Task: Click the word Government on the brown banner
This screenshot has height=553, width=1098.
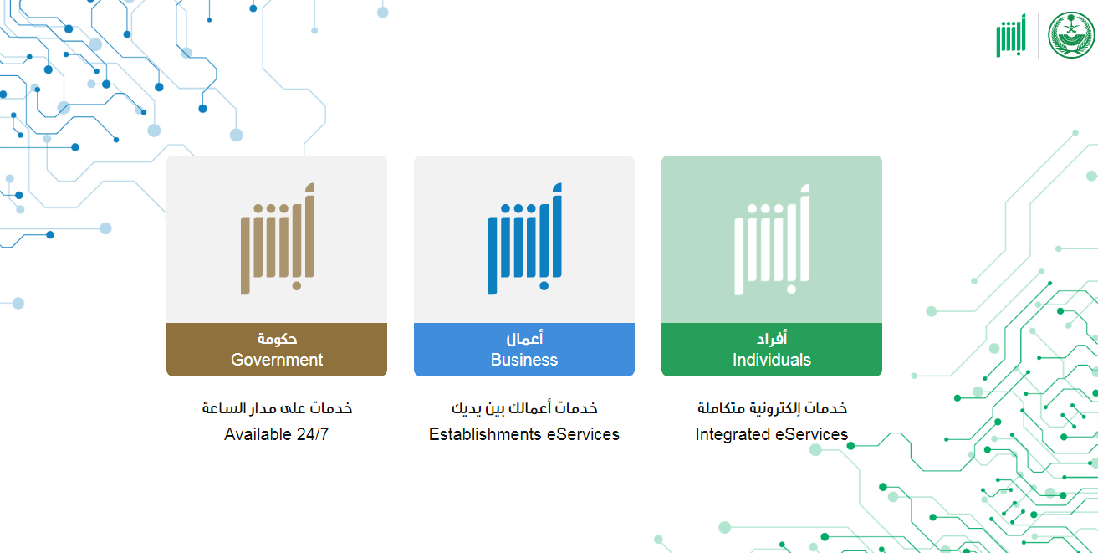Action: [x=277, y=360]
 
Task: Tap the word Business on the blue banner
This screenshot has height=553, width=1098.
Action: [x=524, y=360]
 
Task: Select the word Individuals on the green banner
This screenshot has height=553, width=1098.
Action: [x=772, y=360]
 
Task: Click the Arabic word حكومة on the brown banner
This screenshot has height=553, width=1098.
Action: [x=277, y=338]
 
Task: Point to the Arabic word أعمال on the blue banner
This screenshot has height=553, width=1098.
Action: [x=524, y=338]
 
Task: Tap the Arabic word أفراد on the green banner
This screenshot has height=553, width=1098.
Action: [x=772, y=338]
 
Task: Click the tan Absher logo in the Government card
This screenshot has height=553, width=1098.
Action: [x=278, y=239]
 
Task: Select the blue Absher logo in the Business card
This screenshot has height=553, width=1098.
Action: [x=525, y=239]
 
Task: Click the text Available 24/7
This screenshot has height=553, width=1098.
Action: [x=277, y=434]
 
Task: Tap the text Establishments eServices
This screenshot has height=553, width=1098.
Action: [x=524, y=434]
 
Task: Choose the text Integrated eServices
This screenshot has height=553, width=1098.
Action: [x=772, y=434]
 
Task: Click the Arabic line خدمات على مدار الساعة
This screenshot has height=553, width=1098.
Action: [x=277, y=408]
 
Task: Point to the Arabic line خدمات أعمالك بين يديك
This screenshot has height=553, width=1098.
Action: [x=524, y=408]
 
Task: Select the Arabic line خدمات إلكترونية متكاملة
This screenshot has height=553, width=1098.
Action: [x=772, y=408]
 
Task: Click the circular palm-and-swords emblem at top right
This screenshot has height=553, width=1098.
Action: [x=1071, y=35]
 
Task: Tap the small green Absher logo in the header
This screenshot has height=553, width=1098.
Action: [x=1011, y=35]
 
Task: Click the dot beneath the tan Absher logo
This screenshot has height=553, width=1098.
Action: [x=297, y=286]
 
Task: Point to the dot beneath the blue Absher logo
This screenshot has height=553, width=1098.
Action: [x=544, y=286]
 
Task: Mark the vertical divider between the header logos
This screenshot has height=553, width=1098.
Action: [x=1038, y=35]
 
